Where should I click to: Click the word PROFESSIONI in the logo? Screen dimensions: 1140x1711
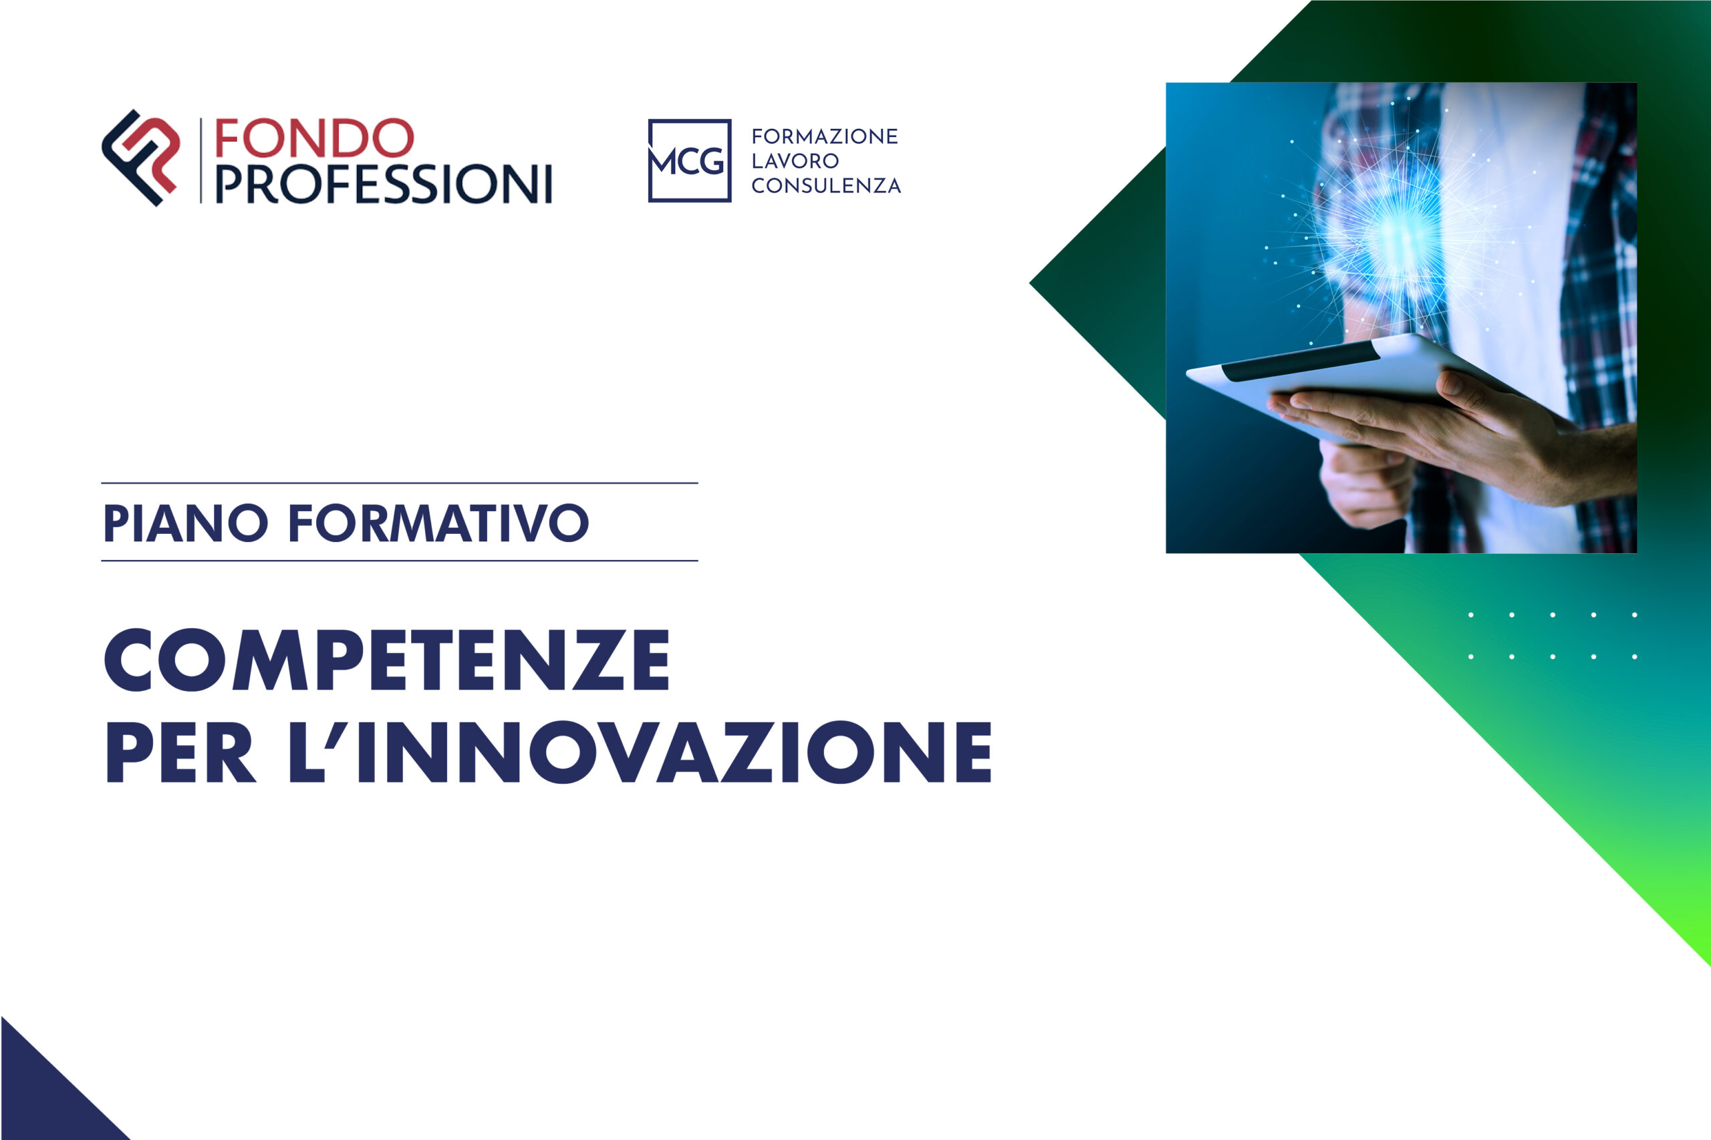[383, 184]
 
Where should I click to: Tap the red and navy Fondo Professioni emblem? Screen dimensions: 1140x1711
[141, 158]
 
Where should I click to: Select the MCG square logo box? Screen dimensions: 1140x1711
[689, 160]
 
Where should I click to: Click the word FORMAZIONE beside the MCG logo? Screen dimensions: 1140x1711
[825, 137]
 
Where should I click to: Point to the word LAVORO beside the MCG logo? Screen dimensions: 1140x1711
[795, 160]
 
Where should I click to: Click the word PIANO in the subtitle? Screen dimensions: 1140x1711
[185, 523]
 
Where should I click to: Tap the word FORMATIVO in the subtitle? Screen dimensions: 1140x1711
[438, 523]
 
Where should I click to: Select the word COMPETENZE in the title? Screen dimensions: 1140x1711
[387, 660]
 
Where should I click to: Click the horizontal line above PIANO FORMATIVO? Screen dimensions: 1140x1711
[399, 482]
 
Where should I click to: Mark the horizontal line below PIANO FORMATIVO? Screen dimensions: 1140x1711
[399, 561]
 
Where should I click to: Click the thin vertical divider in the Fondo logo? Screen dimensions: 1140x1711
[201, 160]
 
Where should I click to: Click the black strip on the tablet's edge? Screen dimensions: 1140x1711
[1301, 361]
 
